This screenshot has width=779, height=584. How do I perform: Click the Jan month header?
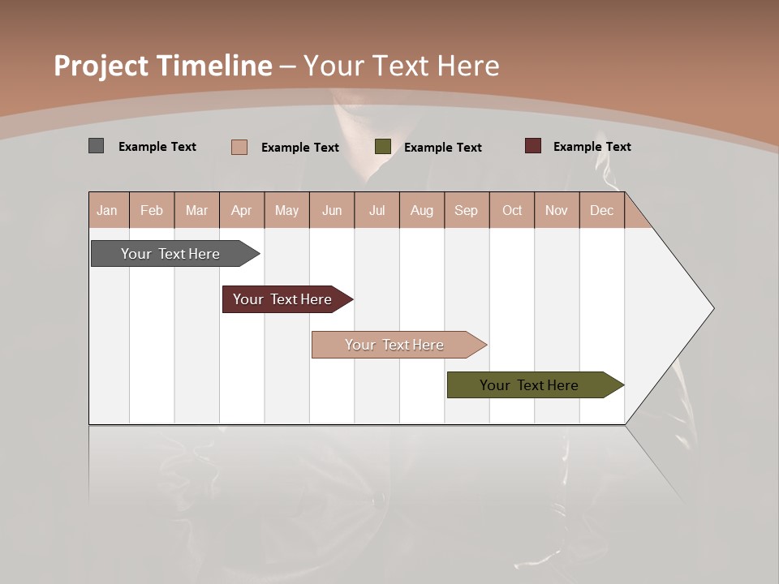tap(107, 210)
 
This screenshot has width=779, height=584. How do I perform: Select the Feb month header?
tap(152, 210)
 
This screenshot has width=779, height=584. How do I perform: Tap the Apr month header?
tap(241, 210)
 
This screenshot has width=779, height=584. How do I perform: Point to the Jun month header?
tap(332, 210)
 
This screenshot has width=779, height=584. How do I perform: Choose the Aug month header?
tap(422, 210)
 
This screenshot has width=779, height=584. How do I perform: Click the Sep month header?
tap(466, 210)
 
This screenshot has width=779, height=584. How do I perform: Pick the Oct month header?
tap(512, 210)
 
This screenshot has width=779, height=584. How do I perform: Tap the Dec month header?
tap(601, 210)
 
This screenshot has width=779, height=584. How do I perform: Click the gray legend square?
tap(97, 146)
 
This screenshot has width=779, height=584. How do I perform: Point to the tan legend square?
tap(239, 147)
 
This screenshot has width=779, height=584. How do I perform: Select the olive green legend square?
tap(383, 147)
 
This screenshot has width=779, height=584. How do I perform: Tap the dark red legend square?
tap(533, 146)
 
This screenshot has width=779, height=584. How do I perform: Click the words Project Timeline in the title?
tap(163, 66)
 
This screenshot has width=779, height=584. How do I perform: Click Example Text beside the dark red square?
tap(592, 147)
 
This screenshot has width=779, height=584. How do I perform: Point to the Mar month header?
tap(196, 210)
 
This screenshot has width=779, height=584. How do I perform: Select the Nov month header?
tap(557, 210)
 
